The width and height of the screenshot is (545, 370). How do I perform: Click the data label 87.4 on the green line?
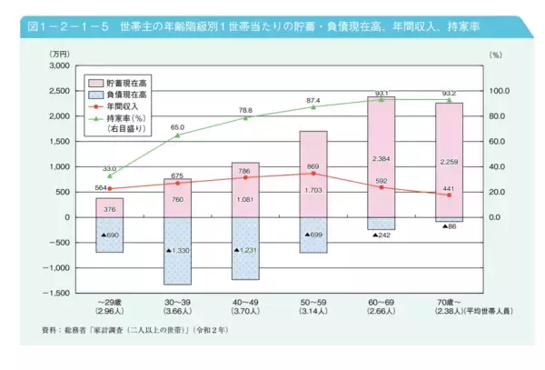(313, 100)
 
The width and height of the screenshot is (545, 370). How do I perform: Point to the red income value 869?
(313, 166)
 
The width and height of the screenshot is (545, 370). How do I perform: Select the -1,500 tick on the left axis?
(56, 293)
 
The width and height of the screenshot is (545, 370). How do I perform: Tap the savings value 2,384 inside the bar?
(381, 159)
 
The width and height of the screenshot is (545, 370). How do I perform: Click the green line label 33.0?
(109, 168)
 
